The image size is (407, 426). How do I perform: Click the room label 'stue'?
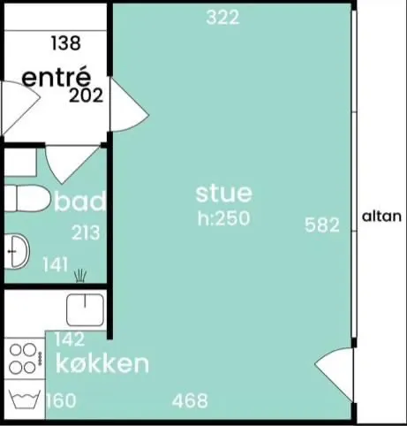tap(223, 194)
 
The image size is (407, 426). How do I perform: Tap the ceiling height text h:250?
tap(223, 218)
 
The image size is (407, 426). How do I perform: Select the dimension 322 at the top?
tap(222, 17)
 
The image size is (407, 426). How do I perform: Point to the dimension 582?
tap(322, 225)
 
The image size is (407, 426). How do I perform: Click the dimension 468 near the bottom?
tap(190, 400)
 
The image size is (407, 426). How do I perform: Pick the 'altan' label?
tap(381, 217)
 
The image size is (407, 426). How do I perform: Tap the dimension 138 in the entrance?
tap(65, 43)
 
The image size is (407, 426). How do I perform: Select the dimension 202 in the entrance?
tap(86, 95)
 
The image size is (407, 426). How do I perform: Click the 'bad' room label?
tap(79, 201)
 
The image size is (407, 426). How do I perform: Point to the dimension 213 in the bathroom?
tap(86, 232)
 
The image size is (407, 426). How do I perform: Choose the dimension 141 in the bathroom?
tap(56, 264)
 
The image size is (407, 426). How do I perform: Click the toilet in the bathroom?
tap(27, 198)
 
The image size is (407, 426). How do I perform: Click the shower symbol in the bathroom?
tap(80, 276)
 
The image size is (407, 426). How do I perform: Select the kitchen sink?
tap(86, 310)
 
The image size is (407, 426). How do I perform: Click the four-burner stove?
tap(25, 359)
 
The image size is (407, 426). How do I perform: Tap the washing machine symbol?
tap(25, 399)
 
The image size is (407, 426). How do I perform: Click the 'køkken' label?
tap(102, 364)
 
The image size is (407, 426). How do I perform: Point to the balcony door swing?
tap(334, 374)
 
